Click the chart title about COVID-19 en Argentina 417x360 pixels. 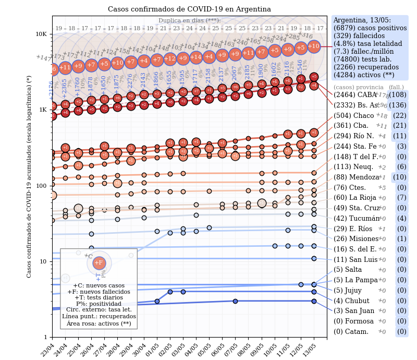(189, 9)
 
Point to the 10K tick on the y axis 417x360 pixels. (41, 34)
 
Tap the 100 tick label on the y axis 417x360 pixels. (42, 186)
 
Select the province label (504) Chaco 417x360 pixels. (354, 115)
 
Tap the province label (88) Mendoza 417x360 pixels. (357, 177)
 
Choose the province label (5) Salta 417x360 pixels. (348, 270)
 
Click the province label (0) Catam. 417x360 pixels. (351, 332)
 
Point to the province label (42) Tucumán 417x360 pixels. (357, 219)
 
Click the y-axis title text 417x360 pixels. (29, 176)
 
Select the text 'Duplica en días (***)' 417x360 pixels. (189, 21)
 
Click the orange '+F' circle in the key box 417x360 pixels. (99, 263)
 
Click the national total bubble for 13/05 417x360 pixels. (314, 46)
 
